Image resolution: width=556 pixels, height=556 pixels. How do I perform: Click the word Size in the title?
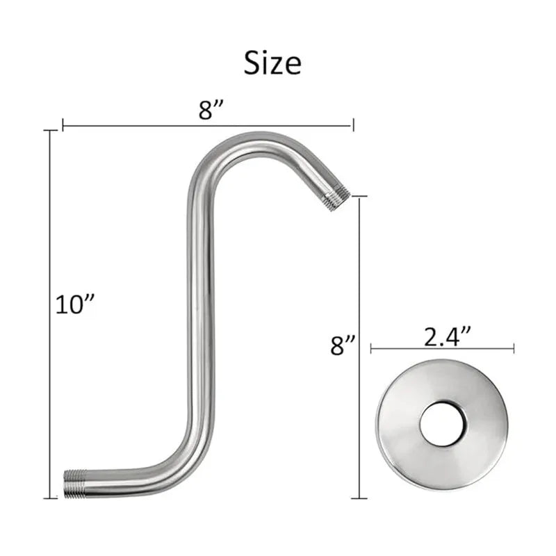(272, 63)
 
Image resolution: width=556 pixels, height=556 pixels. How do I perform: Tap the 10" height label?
(75, 304)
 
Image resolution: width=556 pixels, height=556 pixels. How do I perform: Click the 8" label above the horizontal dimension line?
(211, 110)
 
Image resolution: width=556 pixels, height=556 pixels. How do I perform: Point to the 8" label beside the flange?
(343, 345)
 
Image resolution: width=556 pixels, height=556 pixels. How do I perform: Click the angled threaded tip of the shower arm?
(338, 199)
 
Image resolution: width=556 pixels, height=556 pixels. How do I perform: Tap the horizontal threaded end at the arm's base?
(75, 484)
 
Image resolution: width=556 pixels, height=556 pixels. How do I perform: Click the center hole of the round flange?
(443, 424)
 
